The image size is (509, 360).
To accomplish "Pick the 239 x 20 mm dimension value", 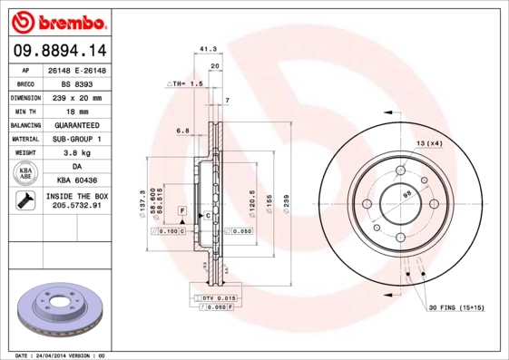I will (84, 96).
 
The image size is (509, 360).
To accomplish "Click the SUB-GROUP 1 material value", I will (84, 139).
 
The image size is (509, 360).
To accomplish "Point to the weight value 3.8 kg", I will (84, 153).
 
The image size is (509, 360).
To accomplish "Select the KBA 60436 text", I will (84, 181).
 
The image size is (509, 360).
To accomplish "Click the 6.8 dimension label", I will (182, 131).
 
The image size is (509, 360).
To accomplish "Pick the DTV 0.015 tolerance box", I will (215, 298).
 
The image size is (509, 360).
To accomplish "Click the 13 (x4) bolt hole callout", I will (429, 144).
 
